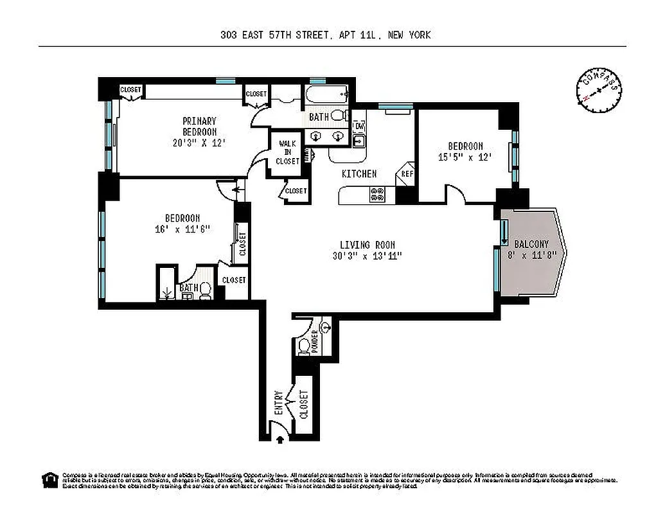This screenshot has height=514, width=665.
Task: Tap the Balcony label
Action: tap(531, 244)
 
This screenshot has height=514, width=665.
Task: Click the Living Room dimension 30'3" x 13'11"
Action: tap(367, 256)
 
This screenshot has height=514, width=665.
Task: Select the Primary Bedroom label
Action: tap(199, 126)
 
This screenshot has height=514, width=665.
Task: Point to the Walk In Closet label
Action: tap(287, 152)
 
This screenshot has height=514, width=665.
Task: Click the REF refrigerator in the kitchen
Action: tap(406, 173)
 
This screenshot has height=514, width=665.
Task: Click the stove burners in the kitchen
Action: tap(377, 194)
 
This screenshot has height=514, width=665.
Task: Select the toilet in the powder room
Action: tap(304, 348)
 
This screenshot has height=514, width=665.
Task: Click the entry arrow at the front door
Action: tap(280, 439)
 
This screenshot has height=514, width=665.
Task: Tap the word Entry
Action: tap(278, 404)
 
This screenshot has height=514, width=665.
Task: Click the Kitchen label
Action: tap(359, 174)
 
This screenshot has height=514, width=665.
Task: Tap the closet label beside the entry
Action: tap(303, 404)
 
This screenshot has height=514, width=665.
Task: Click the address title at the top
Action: tap(325, 35)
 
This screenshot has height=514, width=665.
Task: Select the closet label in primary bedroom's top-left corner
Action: tap(130, 90)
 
